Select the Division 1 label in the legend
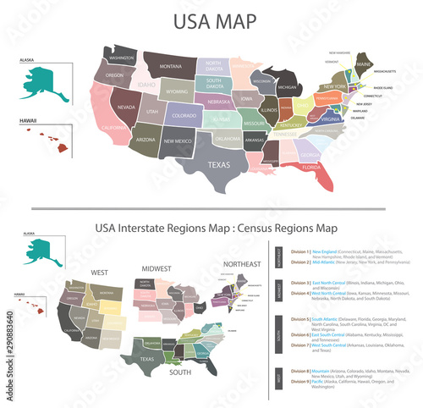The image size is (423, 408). (297, 251)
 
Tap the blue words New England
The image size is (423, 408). (326, 251)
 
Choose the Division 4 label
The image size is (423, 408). (297, 293)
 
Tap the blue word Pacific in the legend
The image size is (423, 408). (320, 381)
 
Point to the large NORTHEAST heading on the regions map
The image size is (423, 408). (242, 264)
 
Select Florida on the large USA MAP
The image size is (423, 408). (312, 167)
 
